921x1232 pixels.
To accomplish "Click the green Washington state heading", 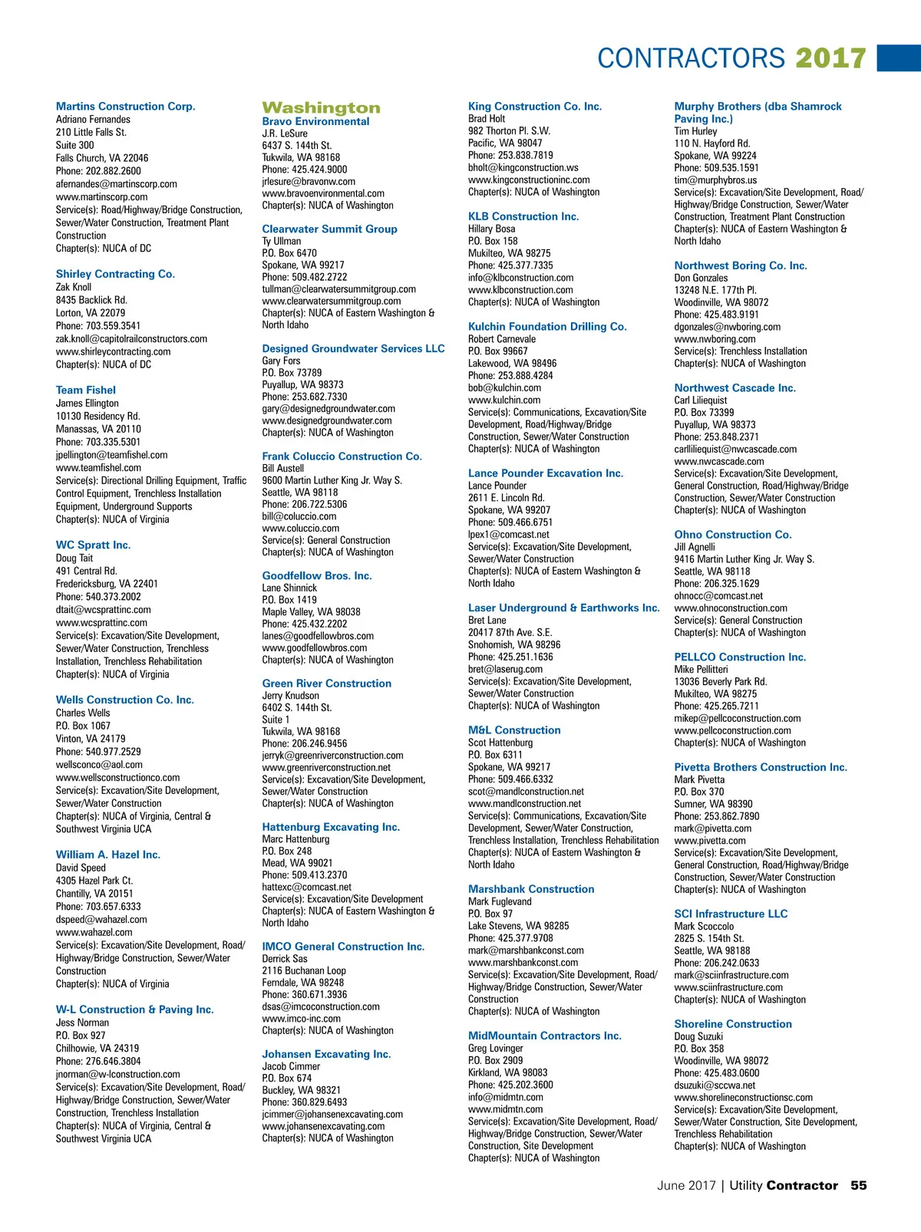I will pos(321,108).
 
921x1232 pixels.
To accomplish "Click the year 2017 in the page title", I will pos(830,58).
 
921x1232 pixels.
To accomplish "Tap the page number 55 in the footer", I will pos(858,1185).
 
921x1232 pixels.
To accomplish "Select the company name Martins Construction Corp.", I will pos(125,107).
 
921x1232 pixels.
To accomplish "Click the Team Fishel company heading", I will pos(86,390).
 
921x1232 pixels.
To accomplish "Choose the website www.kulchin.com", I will pos(504,400).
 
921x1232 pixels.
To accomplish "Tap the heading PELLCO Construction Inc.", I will pos(740,657).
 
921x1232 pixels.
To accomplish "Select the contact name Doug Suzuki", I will pos(698,1036).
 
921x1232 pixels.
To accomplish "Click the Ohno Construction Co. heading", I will pos(733,535).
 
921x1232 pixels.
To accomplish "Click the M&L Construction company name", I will pos(514,730).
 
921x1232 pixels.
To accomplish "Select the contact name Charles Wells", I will pos(83,713).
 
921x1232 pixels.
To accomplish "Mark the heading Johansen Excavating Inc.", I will pos(326,1054).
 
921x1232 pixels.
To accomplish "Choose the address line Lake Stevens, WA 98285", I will pos(519,926).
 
